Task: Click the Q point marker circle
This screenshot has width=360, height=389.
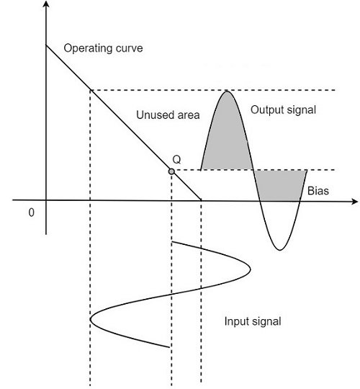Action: (171, 171)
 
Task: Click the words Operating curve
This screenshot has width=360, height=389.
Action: (104, 49)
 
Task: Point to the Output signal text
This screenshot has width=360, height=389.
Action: (283, 110)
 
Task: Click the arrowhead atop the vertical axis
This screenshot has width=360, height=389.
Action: (46, 6)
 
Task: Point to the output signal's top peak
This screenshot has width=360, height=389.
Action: (228, 91)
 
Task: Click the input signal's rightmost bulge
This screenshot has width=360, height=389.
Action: (250, 268)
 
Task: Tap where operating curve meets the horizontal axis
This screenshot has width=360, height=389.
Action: (201, 200)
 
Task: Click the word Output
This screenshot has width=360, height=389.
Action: (266, 110)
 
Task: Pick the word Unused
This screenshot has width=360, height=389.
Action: (153, 115)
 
